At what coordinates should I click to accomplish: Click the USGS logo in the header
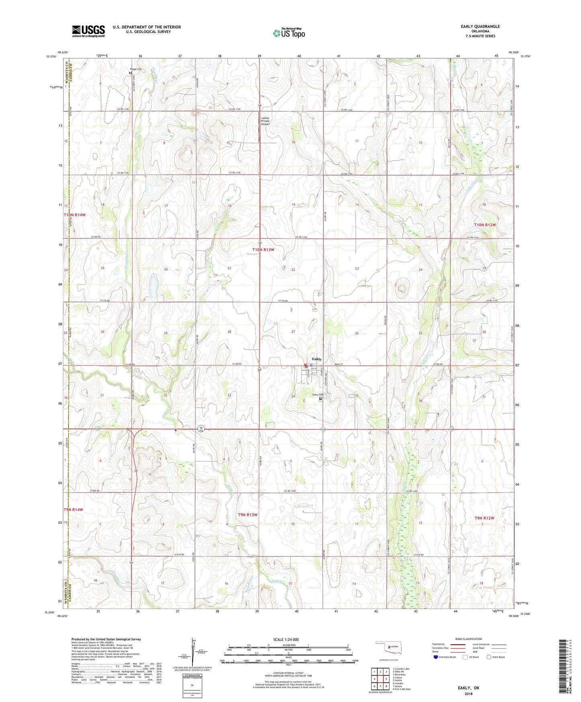pyautogui.click(x=88, y=31)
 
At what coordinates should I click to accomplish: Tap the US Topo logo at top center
pyautogui.click(x=288, y=33)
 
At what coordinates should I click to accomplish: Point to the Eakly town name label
pyautogui.click(x=317, y=359)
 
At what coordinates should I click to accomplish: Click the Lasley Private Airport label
pyautogui.click(x=265, y=121)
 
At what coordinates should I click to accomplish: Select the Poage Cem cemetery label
pyautogui.click(x=135, y=69)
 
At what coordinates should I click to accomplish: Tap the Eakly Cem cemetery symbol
pyautogui.click(x=321, y=399)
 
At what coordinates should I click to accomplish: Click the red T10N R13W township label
pyautogui.click(x=263, y=250)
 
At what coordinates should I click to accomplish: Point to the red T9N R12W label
pyautogui.click(x=484, y=518)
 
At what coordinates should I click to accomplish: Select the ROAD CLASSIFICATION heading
pyautogui.click(x=468, y=639)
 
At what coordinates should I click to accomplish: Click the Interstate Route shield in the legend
pyautogui.click(x=436, y=657)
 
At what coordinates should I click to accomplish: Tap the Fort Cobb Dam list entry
pyautogui.click(x=403, y=689)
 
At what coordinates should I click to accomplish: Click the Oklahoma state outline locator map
pyautogui.click(x=386, y=647)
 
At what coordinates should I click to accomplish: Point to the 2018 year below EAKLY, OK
pyautogui.click(x=468, y=694)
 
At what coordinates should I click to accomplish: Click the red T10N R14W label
pyautogui.click(x=74, y=215)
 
